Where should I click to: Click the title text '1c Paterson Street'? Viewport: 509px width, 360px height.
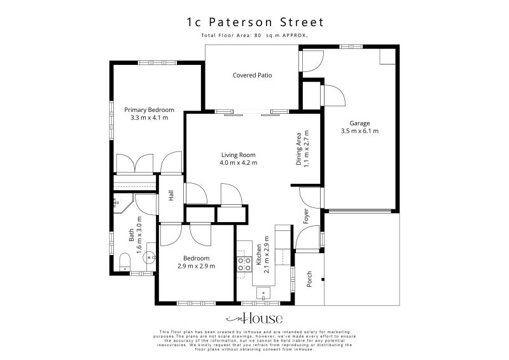pyautogui.click(x=254, y=22)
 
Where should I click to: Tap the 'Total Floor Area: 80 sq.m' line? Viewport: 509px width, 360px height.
pyautogui.click(x=254, y=36)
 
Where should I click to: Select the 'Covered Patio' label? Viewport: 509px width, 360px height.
pyautogui.click(x=252, y=75)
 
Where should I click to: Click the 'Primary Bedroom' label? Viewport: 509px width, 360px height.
pyautogui.click(x=149, y=110)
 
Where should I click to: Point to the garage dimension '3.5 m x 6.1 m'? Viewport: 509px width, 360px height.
pyautogui.click(x=359, y=131)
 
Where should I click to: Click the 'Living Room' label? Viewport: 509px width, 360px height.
pyautogui.click(x=239, y=155)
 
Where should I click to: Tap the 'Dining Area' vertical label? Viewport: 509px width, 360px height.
pyautogui.click(x=298, y=149)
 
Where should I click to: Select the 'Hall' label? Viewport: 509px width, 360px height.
pyautogui.click(x=171, y=197)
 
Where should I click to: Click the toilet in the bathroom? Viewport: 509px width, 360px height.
pyautogui.click(x=125, y=260)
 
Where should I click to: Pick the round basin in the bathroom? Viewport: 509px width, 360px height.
pyautogui.click(x=148, y=258)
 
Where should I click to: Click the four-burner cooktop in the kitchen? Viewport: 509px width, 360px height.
pyautogui.click(x=244, y=264)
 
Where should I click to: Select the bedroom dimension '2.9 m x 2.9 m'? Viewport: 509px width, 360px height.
pyautogui.click(x=196, y=266)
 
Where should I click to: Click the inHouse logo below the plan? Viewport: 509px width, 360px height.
pyautogui.click(x=254, y=319)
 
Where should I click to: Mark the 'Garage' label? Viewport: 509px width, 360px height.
pyautogui.click(x=359, y=123)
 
